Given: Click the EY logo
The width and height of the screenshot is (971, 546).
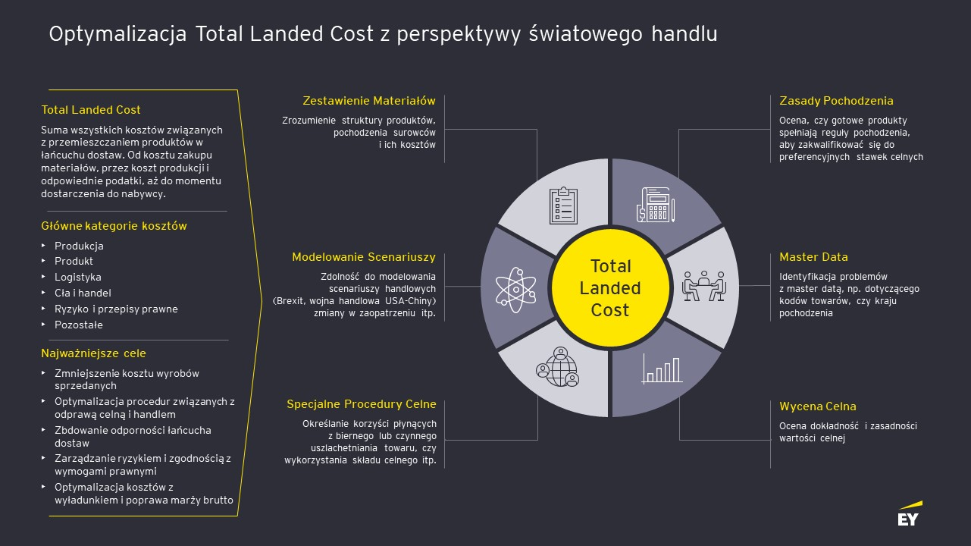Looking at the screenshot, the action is pyautogui.click(x=910, y=514).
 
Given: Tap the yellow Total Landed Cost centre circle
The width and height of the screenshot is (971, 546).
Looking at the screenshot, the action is pyautogui.click(x=610, y=288).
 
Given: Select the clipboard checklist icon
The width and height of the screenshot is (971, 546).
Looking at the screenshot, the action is pyautogui.click(x=563, y=206).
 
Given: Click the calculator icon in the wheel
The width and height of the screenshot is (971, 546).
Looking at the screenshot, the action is pyautogui.click(x=656, y=205).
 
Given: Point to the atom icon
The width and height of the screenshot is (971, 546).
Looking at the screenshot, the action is pyautogui.click(x=516, y=290).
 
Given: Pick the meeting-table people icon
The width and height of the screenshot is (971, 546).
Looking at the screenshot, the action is pyautogui.click(x=704, y=286).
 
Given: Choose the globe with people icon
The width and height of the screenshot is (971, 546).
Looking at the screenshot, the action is pyautogui.click(x=558, y=367).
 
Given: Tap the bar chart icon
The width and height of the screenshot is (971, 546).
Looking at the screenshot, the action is pyautogui.click(x=662, y=369).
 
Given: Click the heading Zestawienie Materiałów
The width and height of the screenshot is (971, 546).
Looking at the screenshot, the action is pyautogui.click(x=369, y=101).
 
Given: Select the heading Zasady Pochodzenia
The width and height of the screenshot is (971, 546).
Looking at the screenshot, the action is pyautogui.click(x=836, y=101).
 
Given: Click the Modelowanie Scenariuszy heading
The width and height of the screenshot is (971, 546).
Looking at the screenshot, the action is pyautogui.click(x=364, y=257).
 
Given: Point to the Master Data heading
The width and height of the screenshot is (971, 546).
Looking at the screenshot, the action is pyautogui.click(x=813, y=257).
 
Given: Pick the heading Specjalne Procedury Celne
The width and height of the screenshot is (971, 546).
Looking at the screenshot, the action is pyautogui.click(x=361, y=404).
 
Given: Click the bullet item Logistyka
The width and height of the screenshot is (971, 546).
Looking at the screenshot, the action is pyautogui.click(x=78, y=277).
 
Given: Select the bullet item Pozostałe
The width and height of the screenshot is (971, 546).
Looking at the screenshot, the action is pyautogui.click(x=79, y=325).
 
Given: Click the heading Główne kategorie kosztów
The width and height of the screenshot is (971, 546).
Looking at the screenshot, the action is pyautogui.click(x=114, y=226).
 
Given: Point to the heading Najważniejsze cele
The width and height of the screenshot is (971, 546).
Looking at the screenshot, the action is pyautogui.click(x=94, y=353).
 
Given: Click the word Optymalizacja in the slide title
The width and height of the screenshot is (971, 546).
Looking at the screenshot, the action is pyautogui.click(x=118, y=34).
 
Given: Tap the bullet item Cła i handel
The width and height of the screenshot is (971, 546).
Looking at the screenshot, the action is pyautogui.click(x=83, y=293).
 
